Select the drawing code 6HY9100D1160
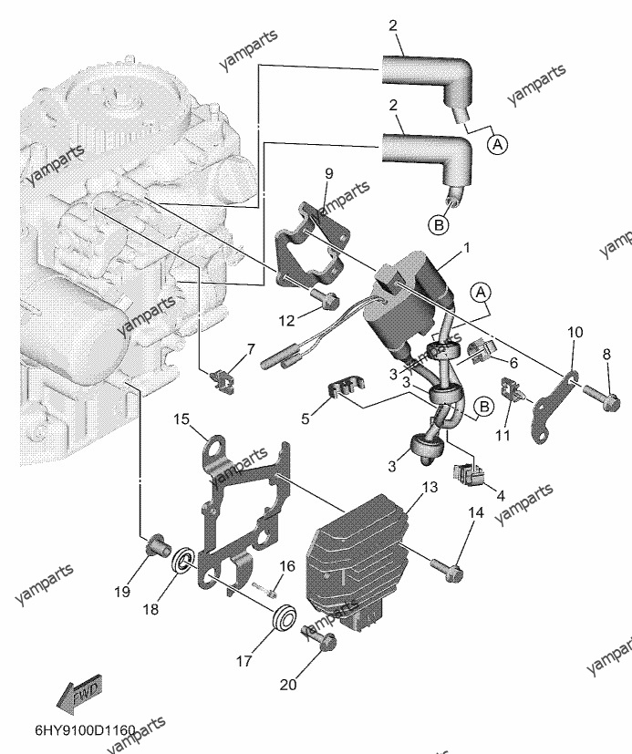pos(85,731)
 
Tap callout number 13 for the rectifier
pos(430,487)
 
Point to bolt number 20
pos(319,637)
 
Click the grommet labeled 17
pos(285,615)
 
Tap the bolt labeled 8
pos(601,399)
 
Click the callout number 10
pos(575,332)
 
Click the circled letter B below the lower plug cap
pos(439,224)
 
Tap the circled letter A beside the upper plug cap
pos(498,144)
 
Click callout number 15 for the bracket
pos(181,419)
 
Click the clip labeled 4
pos(469,474)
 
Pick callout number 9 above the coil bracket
pos(328,173)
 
